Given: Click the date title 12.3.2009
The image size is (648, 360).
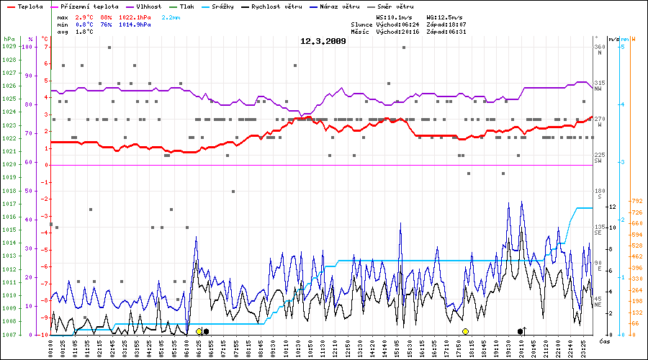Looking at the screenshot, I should pos(323,41).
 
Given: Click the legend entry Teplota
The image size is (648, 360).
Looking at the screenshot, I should pos(30,6).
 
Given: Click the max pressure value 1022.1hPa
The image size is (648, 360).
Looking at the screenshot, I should pos(135,16).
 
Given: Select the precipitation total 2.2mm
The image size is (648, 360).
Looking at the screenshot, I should pos(171,16).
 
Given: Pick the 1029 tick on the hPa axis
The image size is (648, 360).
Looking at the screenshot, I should pos(9,47).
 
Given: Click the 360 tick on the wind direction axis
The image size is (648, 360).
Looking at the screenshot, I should pos(599,47).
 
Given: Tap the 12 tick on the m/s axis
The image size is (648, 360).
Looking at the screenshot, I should pos(611,207).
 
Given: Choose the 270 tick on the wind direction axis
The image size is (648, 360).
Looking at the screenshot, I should pos(599,119).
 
